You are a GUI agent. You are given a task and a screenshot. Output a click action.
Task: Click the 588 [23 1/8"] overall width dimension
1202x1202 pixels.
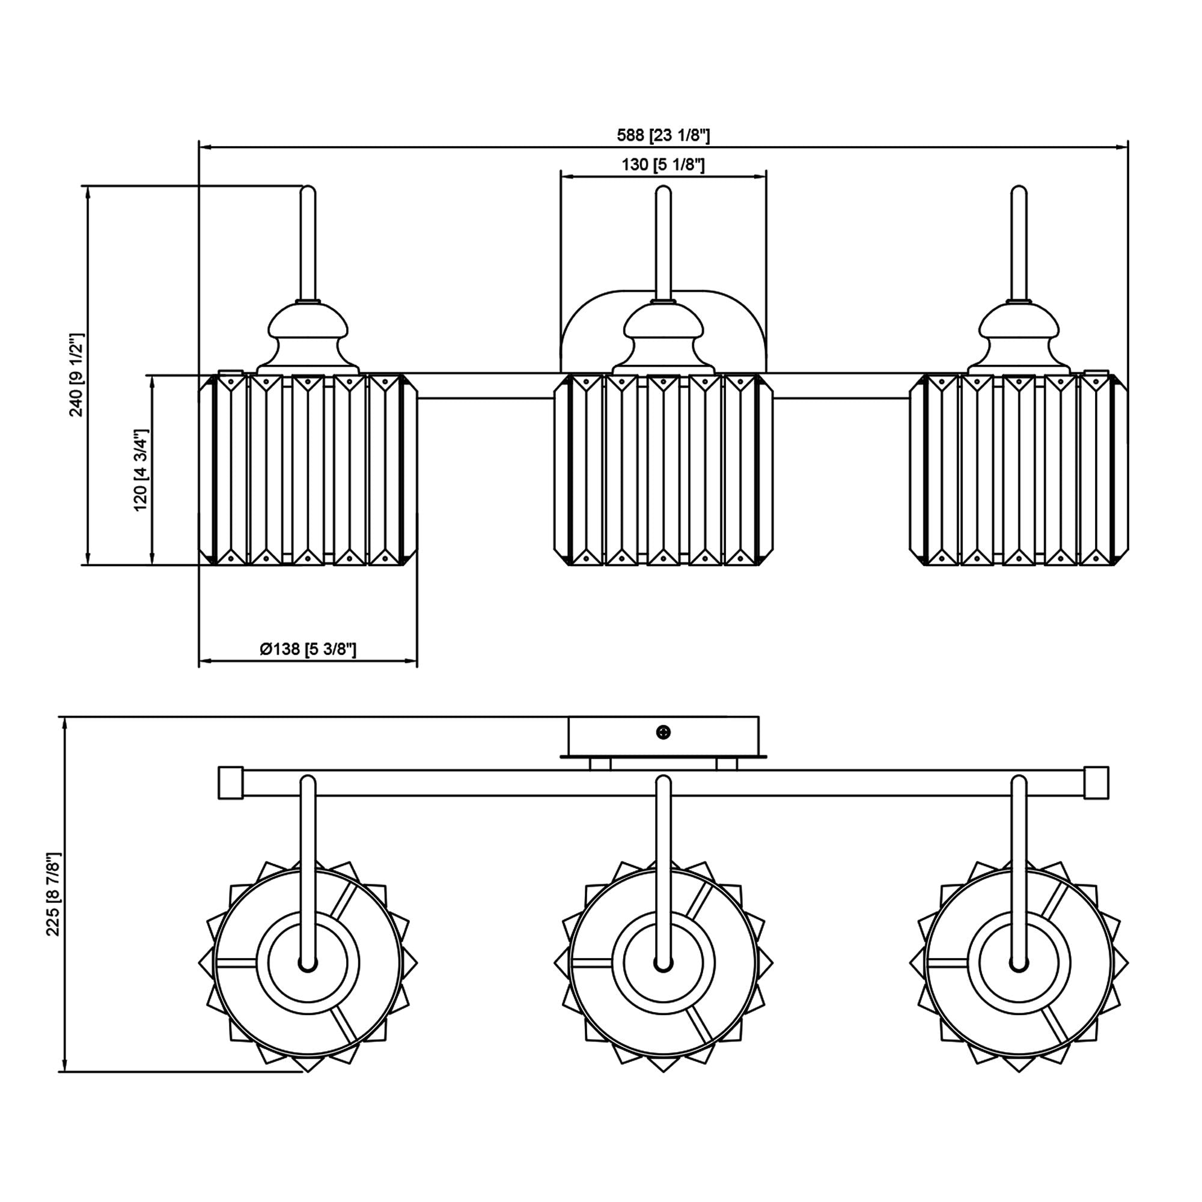[664, 135]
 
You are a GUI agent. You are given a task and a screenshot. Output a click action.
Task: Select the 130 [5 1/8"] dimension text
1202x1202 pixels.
[664, 165]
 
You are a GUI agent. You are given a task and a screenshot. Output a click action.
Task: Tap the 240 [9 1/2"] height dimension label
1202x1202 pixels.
[76, 374]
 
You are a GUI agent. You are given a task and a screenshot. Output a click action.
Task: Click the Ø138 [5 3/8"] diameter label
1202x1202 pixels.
[308, 650]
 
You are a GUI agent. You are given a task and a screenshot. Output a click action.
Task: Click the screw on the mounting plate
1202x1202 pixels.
[664, 732]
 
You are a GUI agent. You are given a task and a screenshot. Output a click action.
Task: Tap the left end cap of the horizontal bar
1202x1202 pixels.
[230, 783]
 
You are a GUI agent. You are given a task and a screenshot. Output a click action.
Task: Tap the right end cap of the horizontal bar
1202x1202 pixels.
[1096, 783]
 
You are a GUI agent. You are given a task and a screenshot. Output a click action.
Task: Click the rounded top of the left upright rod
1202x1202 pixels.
[308, 191]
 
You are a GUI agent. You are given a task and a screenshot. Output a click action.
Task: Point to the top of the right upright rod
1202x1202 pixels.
[1019, 191]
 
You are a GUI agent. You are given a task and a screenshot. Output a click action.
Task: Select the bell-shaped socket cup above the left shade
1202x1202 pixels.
[308, 339]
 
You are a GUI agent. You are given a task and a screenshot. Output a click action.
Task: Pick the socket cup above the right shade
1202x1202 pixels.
[1019, 339]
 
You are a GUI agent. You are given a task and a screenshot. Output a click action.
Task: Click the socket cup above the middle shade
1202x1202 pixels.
[664, 339]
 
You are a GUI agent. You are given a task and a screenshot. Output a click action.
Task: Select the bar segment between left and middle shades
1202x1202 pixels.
[485, 386]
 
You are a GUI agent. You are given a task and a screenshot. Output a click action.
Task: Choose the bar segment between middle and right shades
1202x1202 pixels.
[841, 386]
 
